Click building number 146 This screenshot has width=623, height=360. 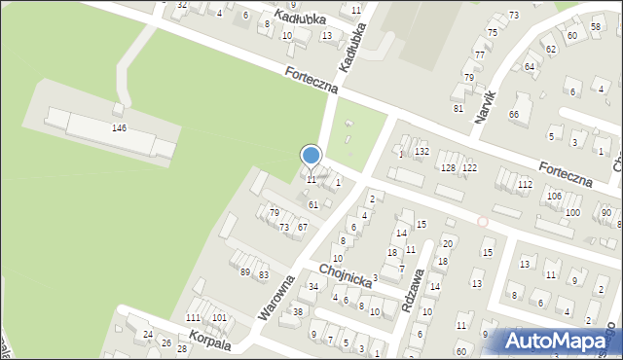tap(120, 128)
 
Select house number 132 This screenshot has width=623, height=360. tap(421, 152)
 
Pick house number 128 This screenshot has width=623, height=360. tap(448, 168)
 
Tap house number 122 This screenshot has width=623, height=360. tap(469, 168)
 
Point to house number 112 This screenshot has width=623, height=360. tap(525, 184)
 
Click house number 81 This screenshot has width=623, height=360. tap(458, 108)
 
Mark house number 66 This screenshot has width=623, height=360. tap(513, 114)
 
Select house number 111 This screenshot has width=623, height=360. tap(194, 318)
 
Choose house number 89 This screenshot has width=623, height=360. tap(245, 272)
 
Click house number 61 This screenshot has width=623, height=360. tap(312, 205)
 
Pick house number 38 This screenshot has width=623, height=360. tap(297, 311)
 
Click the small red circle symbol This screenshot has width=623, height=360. tap(482, 222)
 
